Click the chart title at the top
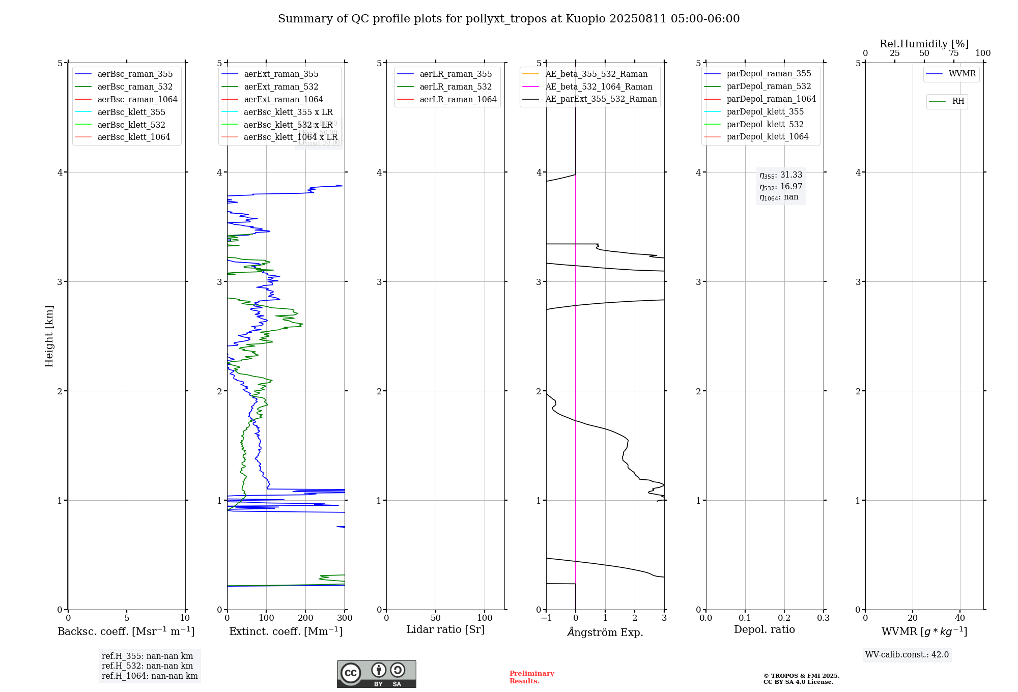[x=508, y=19]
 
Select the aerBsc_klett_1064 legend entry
[x=133, y=137]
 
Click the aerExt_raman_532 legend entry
[x=281, y=87]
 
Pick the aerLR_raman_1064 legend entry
[x=458, y=100]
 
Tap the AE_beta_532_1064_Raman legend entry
[x=599, y=87]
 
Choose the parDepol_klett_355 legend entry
[x=765, y=112]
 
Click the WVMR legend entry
[x=962, y=74]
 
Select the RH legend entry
[x=958, y=101]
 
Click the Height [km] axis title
[x=49, y=336]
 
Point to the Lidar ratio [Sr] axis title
[x=445, y=629]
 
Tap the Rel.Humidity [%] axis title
[x=924, y=44]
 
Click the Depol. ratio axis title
[x=764, y=629]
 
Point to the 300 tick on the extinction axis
[x=345, y=618]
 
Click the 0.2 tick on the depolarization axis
[x=784, y=618]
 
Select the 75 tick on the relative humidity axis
[x=953, y=53]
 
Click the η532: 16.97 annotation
[x=781, y=187]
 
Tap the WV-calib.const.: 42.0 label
[x=907, y=655]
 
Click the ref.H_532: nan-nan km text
[x=147, y=666]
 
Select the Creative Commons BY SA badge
[x=376, y=674]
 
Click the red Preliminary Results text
[x=531, y=677]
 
